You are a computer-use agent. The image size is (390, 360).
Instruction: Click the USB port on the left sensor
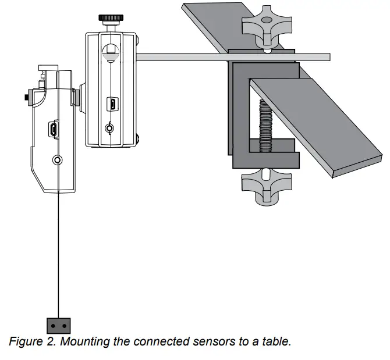[x=54, y=130]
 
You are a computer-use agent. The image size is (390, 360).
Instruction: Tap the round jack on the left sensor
[x=56, y=159]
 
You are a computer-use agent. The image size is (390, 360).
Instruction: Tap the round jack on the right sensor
[x=109, y=129]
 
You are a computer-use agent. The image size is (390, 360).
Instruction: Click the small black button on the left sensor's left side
[x=27, y=94]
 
